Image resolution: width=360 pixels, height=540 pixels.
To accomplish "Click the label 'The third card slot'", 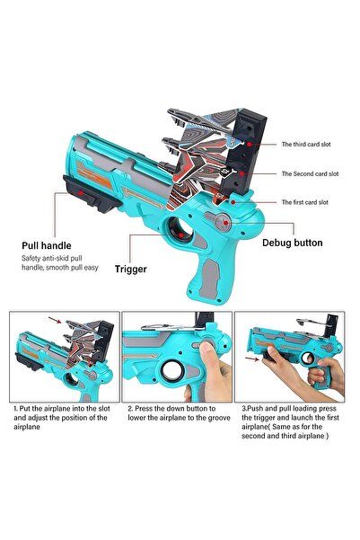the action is [306, 145].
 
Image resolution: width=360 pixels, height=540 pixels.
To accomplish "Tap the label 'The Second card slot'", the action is [310, 174].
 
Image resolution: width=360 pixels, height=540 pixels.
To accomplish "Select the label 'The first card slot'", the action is [305, 202].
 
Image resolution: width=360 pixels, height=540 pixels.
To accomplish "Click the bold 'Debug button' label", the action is [292, 243].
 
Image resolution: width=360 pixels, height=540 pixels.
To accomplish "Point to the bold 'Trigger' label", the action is [131, 269].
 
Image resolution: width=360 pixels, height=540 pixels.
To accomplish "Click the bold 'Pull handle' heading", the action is [47, 245].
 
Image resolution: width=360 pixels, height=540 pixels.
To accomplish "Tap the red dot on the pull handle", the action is [81, 193].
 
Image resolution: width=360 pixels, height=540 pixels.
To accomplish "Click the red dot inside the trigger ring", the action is [181, 235].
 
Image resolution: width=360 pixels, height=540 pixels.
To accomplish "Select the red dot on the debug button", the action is [225, 223].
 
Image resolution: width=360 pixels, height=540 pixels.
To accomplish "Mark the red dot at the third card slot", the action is [249, 145].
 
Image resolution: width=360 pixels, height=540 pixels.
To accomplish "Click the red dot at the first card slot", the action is [233, 202].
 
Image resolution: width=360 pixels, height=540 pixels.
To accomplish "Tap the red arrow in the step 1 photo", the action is [55, 320].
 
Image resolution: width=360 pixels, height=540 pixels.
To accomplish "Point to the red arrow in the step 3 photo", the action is [252, 359].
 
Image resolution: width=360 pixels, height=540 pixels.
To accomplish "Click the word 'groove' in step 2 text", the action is [218, 418].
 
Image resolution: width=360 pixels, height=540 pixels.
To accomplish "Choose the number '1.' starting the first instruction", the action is [16, 409].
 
